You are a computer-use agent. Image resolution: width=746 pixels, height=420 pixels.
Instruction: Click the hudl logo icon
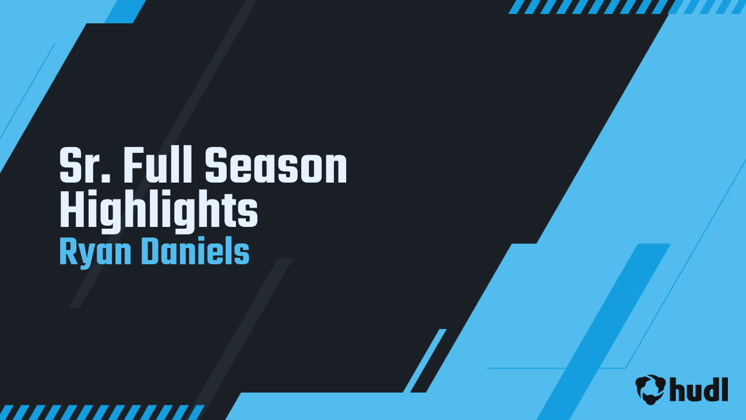650,389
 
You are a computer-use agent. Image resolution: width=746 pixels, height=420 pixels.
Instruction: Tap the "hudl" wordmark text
699,389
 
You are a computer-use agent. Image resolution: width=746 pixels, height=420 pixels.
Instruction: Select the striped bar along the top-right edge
627,6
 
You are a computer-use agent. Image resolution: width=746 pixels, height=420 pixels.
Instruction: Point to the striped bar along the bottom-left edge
102,412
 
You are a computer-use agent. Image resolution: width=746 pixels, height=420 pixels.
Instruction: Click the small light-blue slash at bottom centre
425,360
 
